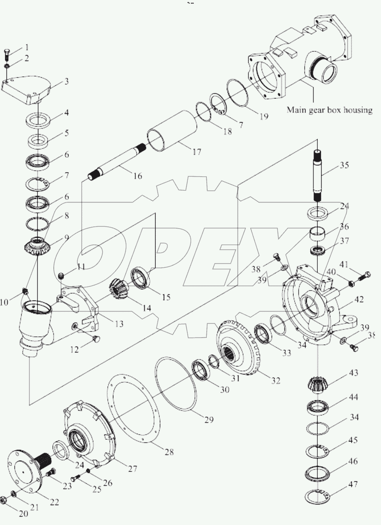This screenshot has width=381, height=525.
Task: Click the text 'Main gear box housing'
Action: [329, 110]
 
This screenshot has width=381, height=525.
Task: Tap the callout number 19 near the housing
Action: [264, 116]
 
